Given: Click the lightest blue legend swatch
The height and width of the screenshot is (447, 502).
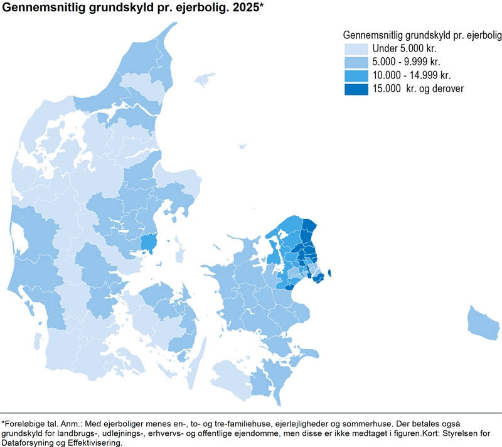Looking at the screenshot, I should click(x=356, y=48).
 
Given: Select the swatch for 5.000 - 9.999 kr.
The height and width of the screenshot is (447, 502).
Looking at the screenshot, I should click(x=356, y=62).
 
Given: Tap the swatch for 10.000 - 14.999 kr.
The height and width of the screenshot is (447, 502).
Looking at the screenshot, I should click(x=356, y=75).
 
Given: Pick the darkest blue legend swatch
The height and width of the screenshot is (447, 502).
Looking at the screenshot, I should click(x=356, y=89).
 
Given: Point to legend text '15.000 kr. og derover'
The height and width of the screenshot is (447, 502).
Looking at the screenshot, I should click(x=418, y=89).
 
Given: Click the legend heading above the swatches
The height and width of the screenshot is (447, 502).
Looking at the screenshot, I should click(x=422, y=34).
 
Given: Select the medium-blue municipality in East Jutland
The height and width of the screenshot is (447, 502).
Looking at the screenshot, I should click(x=148, y=242).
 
